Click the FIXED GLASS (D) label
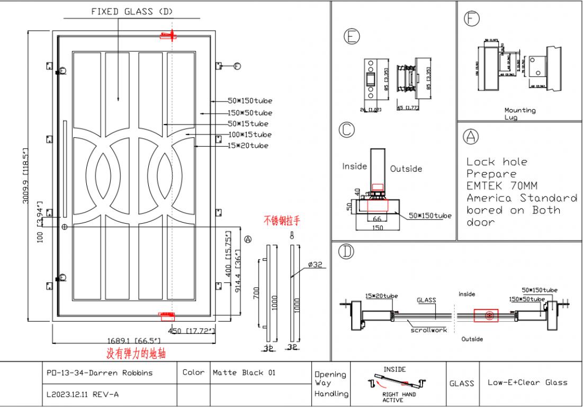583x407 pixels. pyautogui.click(x=132, y=12)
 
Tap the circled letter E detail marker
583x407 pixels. pyautogui.click(x=352, y=36)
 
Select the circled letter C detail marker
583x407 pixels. pyautogui.click(x=347, y=129)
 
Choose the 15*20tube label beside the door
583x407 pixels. pyautogui.click(x=248, y=145)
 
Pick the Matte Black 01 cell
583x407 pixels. pyautogui.click(x=244, y=373)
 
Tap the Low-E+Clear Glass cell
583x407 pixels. pyautogui.click(x=527, y=382)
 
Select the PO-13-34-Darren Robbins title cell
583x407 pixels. pyautogui.click(x=100, y=373)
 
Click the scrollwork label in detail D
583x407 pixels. pyautogui.click(x=429, y=330)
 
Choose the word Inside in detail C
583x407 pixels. pyautogui.click(x=354, y=166)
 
